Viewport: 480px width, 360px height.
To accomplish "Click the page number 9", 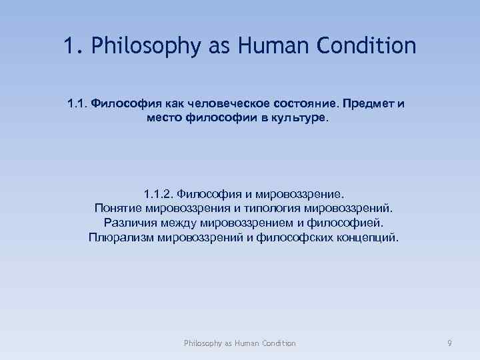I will click(450, 343).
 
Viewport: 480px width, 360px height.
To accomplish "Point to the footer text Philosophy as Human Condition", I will click(240, 343).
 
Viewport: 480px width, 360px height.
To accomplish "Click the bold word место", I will click(163, 118).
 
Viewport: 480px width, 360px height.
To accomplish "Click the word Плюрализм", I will click(121, 236).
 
